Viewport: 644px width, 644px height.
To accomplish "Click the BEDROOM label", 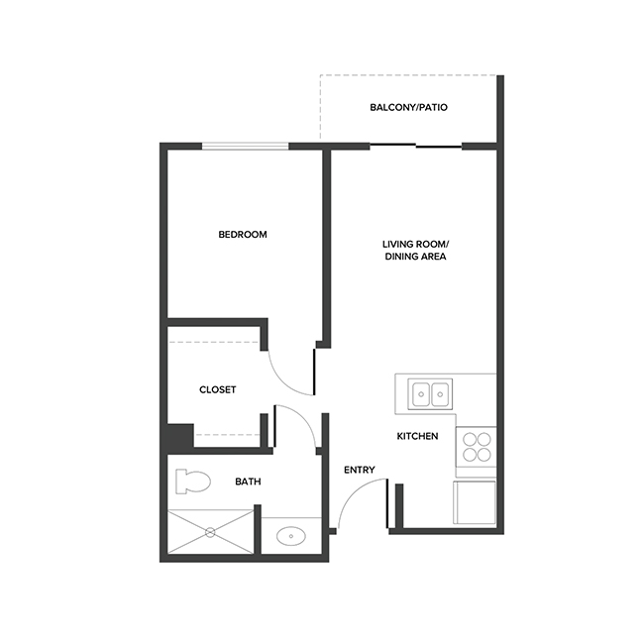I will [243, 235].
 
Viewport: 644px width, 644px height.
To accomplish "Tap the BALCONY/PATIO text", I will [409, 107].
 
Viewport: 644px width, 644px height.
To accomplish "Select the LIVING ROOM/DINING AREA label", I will [416, 250].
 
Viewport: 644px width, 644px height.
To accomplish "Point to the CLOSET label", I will [218, 389].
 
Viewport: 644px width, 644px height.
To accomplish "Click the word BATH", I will [248, 482].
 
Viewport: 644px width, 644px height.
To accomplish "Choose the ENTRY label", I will [359, 470].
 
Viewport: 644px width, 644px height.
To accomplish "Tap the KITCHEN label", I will [417, 436].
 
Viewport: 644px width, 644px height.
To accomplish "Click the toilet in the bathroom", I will [192, 483].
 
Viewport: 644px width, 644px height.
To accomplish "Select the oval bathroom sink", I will [291, 537].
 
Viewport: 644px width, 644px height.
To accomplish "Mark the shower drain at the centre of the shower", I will [210, 532].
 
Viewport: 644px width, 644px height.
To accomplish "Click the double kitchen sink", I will [431, 394].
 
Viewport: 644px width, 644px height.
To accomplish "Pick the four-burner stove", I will [476, 448].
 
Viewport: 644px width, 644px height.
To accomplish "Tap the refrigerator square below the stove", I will [475, 502].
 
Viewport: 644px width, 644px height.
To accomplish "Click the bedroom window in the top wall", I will [246, 147].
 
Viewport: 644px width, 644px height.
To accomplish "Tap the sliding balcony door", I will [416, 147].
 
